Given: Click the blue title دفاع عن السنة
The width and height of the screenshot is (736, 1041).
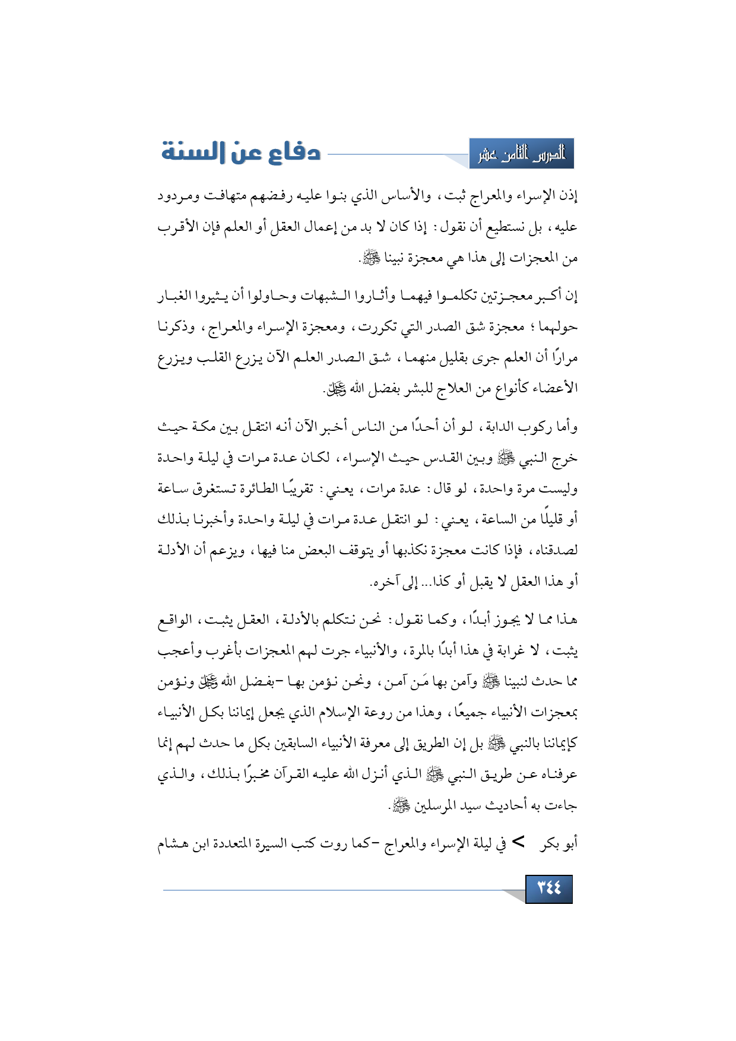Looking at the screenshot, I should click(x=241, y=153).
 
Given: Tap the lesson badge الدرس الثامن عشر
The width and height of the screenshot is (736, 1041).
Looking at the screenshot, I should click(x=522, y=154).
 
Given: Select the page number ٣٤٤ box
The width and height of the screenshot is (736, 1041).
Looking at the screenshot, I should click(x=548, y=888).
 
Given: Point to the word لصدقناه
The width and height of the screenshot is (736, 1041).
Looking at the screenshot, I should click(x=554, y=550).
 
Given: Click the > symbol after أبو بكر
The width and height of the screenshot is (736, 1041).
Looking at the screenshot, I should click(x=518, y=842).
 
